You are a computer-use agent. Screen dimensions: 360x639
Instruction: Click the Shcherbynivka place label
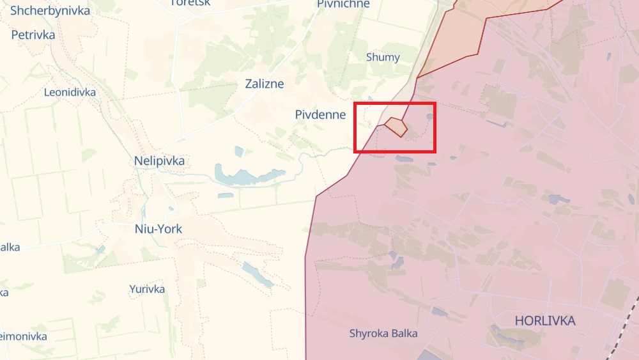click(x=50, y=10)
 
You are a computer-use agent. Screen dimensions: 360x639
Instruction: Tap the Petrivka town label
click(x=33, y=35)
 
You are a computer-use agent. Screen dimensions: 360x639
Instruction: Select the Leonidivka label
click(x=70, y=92)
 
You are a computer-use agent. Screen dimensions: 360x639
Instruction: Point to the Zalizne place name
click(x=265, y=84)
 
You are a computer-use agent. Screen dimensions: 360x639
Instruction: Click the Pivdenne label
click(x=320, y=114)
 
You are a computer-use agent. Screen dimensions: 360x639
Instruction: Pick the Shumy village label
click(x=383, y=57)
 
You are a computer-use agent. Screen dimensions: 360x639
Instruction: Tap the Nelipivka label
click(x=159, y=160)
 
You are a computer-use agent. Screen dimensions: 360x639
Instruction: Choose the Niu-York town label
click(x=158, y=229)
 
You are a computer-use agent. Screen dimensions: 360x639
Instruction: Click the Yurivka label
click(x=147, y=289)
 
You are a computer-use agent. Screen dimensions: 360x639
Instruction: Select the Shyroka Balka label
click(x=383, y=333)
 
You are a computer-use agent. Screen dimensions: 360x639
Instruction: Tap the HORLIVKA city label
click(x=545, y=320)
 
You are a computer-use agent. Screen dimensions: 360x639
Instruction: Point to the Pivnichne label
click(x=343, y=4)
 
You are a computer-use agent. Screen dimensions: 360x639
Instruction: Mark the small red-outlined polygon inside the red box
click(x=396, y=126)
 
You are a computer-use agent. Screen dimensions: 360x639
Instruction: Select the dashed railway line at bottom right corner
click(x=623, y=333)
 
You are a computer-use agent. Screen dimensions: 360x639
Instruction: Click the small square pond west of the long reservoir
click(x=239, y=152)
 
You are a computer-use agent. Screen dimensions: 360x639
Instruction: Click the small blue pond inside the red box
click(x=430, y=116)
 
